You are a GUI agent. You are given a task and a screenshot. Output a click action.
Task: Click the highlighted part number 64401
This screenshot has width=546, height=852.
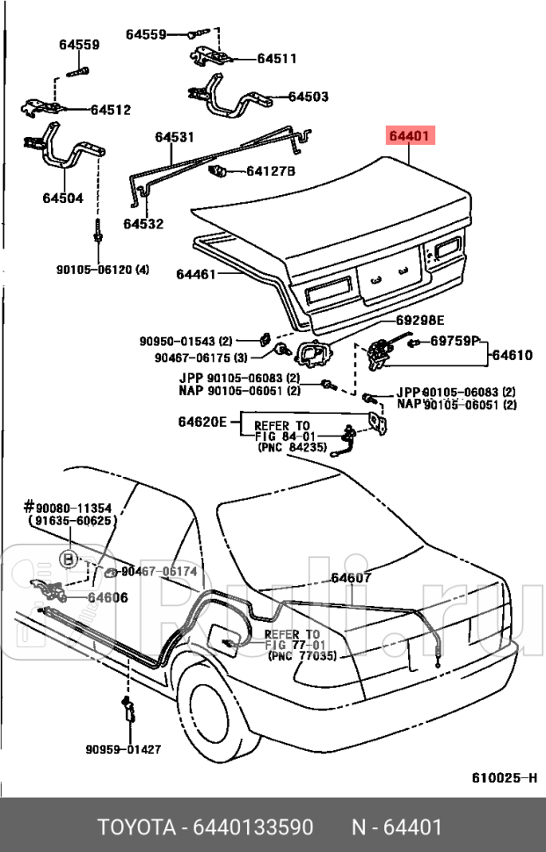pyautogui.click(x=409, y=136)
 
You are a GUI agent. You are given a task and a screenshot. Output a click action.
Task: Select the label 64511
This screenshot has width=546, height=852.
pyautogui.click(x=276, y=59)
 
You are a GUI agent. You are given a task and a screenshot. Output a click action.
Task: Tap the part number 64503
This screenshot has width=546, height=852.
pyautogui.click(x=308, y=97)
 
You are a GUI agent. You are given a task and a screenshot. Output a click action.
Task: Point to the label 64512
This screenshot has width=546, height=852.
pyautogui.click(x=111, y=110)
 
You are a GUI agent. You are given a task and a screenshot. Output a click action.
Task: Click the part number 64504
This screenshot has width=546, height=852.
pyautogui.click(x=62, y=199)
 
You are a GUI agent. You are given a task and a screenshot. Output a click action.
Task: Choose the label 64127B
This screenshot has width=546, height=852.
pyautogui.click(x=271, y=170)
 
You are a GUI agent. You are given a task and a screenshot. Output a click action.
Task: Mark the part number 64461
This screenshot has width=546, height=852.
pyautogui.click(x=195, y=275)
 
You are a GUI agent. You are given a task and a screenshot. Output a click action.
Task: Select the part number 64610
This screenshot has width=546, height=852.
pyautogui.click(x=512, y=355)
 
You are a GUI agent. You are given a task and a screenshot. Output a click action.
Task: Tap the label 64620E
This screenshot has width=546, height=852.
pyautogui.click(x=204, y=422)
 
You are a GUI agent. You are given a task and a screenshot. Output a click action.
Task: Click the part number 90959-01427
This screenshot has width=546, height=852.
pyautogui.click(x=123, y=749)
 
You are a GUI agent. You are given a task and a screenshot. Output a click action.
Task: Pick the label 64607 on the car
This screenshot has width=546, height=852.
pyautogui.click(x=351, y=578)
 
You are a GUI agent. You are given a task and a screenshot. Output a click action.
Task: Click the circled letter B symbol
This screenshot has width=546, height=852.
pyautogui.click(x=68, y=558)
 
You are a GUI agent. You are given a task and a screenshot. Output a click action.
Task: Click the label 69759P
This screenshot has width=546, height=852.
pyautogui.click(x=455, y=341)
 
